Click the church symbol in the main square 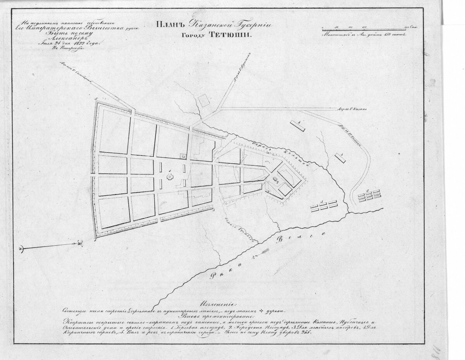[x=170, y=177]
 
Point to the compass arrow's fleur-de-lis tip [x=79, y=243]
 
